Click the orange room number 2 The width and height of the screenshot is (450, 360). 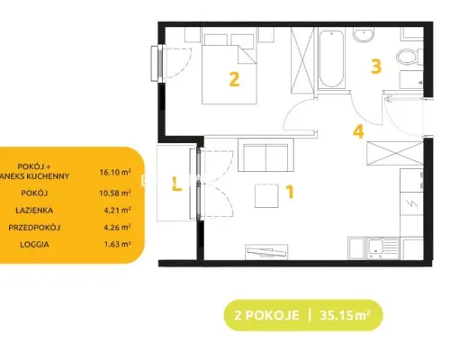click(234, 79)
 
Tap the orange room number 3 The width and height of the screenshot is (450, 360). click(376, 67)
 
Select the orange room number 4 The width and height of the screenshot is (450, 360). click(358, 131)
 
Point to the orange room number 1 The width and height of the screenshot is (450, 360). click(290, 192)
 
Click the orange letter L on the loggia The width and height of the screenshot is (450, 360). click(177, 184)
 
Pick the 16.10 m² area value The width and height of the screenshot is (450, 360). click(115, 172)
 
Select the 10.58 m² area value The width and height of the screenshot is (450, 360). click(115, 193)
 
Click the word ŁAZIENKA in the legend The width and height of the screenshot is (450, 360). click(34, 211)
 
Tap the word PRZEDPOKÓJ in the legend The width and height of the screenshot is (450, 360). click(34, 228)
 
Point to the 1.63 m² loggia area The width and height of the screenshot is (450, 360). click(117, 244)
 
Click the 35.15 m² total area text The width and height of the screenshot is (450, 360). click(345, 315)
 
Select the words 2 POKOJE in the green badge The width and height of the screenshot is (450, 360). click(266, 316)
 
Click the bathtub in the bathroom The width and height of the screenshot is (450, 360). click(331, 58)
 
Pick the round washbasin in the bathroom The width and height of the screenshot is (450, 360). click(364, 34)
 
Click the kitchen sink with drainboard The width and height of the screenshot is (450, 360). click(382, 248)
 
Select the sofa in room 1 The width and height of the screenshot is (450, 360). click(265, 155)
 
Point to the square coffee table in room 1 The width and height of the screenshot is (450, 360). click(266, 195)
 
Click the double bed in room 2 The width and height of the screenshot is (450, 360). click(229, 68)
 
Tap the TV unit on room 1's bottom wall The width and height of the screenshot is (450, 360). click(266, 252)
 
